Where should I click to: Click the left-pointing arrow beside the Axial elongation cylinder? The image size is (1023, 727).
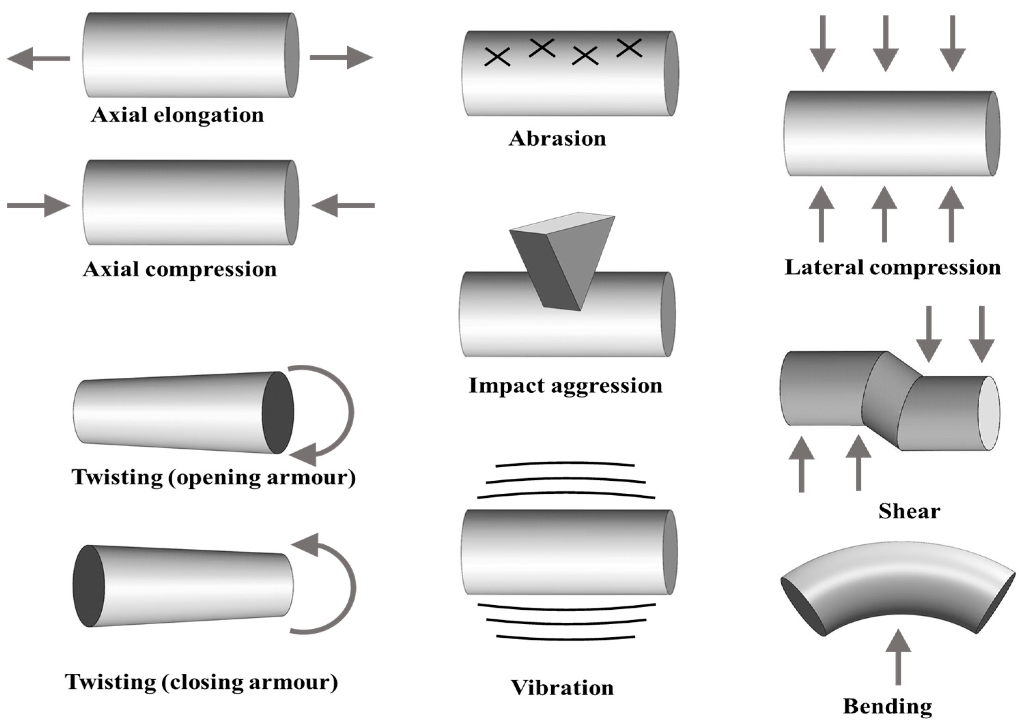click(x=38, y=59)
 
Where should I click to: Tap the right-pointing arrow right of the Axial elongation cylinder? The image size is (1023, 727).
click(x=342, y=57)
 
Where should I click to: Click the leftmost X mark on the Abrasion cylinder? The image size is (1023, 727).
click(x=497, y=57)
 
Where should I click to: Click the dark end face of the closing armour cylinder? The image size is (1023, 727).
click(x=89, y=585)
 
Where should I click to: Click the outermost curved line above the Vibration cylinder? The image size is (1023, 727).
click(x=565, y=464)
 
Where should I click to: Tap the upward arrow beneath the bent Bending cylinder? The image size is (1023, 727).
click(x=898, y=658)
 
